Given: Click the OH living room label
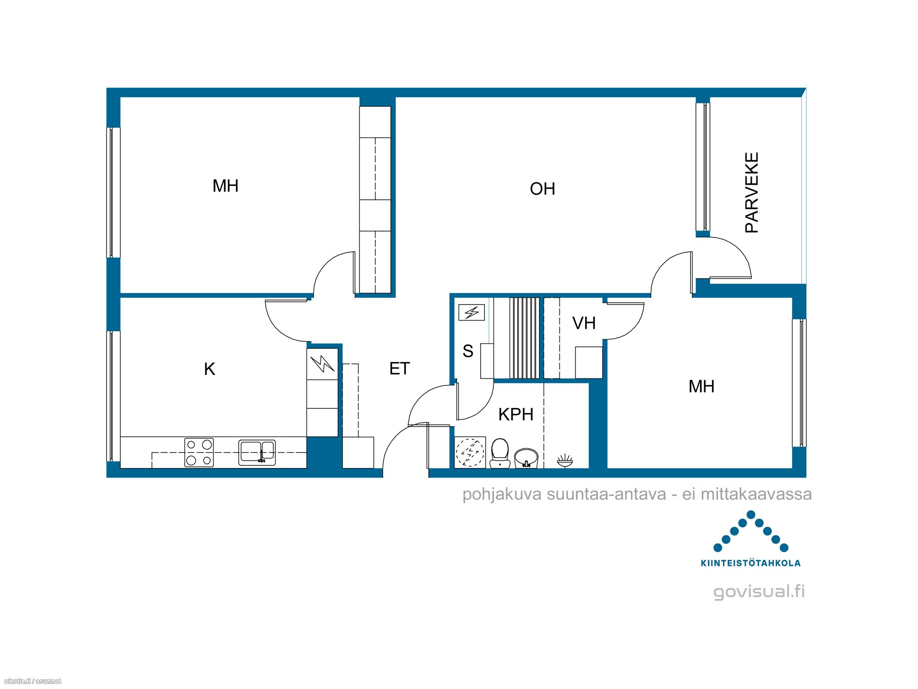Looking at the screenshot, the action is click(543, 189).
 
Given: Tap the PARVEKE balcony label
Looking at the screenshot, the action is click(752, 193).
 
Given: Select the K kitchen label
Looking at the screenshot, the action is click(209, 369).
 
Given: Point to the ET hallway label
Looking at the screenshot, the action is click(399, 368).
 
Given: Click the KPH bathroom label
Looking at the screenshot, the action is click(516, 414).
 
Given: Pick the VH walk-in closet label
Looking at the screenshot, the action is click(584, 323).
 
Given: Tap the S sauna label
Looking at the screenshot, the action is click(468, 351).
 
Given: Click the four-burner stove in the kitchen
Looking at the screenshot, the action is click(199, 452).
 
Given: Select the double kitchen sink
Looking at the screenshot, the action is click(257, 452).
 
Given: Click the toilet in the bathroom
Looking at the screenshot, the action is click(500, 453).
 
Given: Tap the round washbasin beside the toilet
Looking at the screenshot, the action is click(526, 458).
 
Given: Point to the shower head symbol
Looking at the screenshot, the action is click(565, 461).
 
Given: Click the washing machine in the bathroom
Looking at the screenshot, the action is click(470, 452).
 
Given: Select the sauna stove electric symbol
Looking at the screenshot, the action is click(471, 313).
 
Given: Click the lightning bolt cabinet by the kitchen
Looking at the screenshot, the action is click(323, 364).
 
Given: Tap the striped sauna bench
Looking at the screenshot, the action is click(525, 338).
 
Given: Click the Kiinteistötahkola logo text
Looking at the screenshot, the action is click(750, 563).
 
